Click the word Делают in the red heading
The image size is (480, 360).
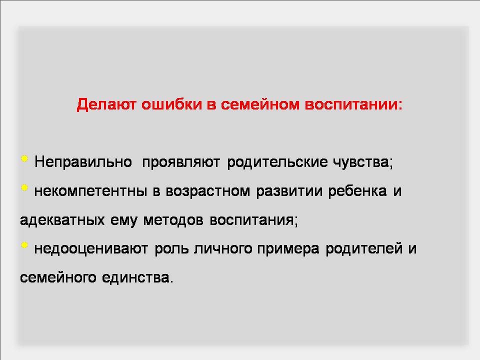pyautogui.click(x=106, y=104)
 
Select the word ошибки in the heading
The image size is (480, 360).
pyautogui.click(x=171, y=104)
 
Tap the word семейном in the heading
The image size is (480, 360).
pyautogui.click(x=260, y=104)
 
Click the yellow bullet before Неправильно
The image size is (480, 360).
pyautogui.click(x=24, y=158)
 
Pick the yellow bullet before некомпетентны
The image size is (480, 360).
pyautogui.click(x=24, y=187)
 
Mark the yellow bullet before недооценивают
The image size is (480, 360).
pyautogui.click(x=24, y=245)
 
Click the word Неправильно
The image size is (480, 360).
pyautogui.click(x=83, y=162)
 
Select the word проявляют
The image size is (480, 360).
pyautogui.click(x=181, y=162)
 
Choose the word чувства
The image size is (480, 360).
pyautogui.click(x=360, y=162)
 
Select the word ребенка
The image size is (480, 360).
pyautogui.click(x=357, y=191)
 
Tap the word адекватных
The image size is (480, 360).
pyautogui.click(x=62, y=220)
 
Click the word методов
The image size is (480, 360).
pyautogui.click(x=173, y=220)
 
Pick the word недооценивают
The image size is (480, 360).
pyautogui.click(x=91, y=248)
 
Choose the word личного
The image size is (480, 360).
pyautogui.click(x=223, y=248)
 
